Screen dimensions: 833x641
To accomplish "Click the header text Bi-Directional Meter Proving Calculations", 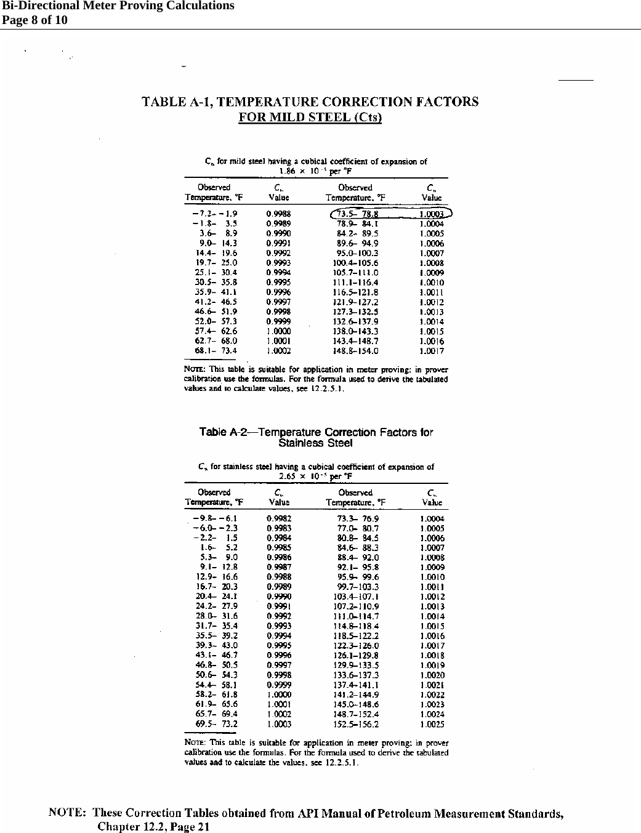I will click(x=117, y=6).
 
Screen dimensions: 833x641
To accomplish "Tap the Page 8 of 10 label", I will click(x=34, y=20).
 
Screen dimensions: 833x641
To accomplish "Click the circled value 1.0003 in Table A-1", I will click(x=432, y=214).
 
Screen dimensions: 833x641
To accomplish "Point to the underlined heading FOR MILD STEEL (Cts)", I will click(x=310, y=118).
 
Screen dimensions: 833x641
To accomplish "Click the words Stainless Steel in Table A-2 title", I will click(x=315, y=443).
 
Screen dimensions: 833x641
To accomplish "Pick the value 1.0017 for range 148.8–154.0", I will click(x=432, y=352).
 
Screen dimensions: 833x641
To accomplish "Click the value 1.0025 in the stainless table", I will click(x=432, y=725).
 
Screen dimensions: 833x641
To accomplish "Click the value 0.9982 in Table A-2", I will click(x=280, y=518).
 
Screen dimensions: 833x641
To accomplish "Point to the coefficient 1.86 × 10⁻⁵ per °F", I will click(x=315, y=171).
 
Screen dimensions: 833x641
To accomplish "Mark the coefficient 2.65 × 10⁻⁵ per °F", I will click(x=316, y=476).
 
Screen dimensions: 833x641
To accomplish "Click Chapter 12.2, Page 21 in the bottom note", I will click(x=153, y=827).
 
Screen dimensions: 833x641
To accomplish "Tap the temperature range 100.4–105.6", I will click(x=356, y=263).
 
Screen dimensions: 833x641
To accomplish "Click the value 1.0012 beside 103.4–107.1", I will click(x=432, y=597).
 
